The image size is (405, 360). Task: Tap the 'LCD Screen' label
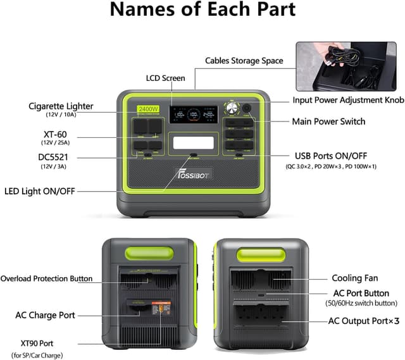tap(165, 78)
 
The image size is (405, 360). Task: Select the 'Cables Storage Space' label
tap(244, 61)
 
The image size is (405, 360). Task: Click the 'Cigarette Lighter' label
tap(61, 106)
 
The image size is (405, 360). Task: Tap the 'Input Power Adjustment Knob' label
tap(347, 100)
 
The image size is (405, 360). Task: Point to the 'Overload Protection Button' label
tap(46, 278)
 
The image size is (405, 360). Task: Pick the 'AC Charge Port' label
tap(45, 314)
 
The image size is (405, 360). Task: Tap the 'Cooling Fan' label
tap(356, 278)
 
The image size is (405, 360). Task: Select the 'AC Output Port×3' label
tap(363, 321)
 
